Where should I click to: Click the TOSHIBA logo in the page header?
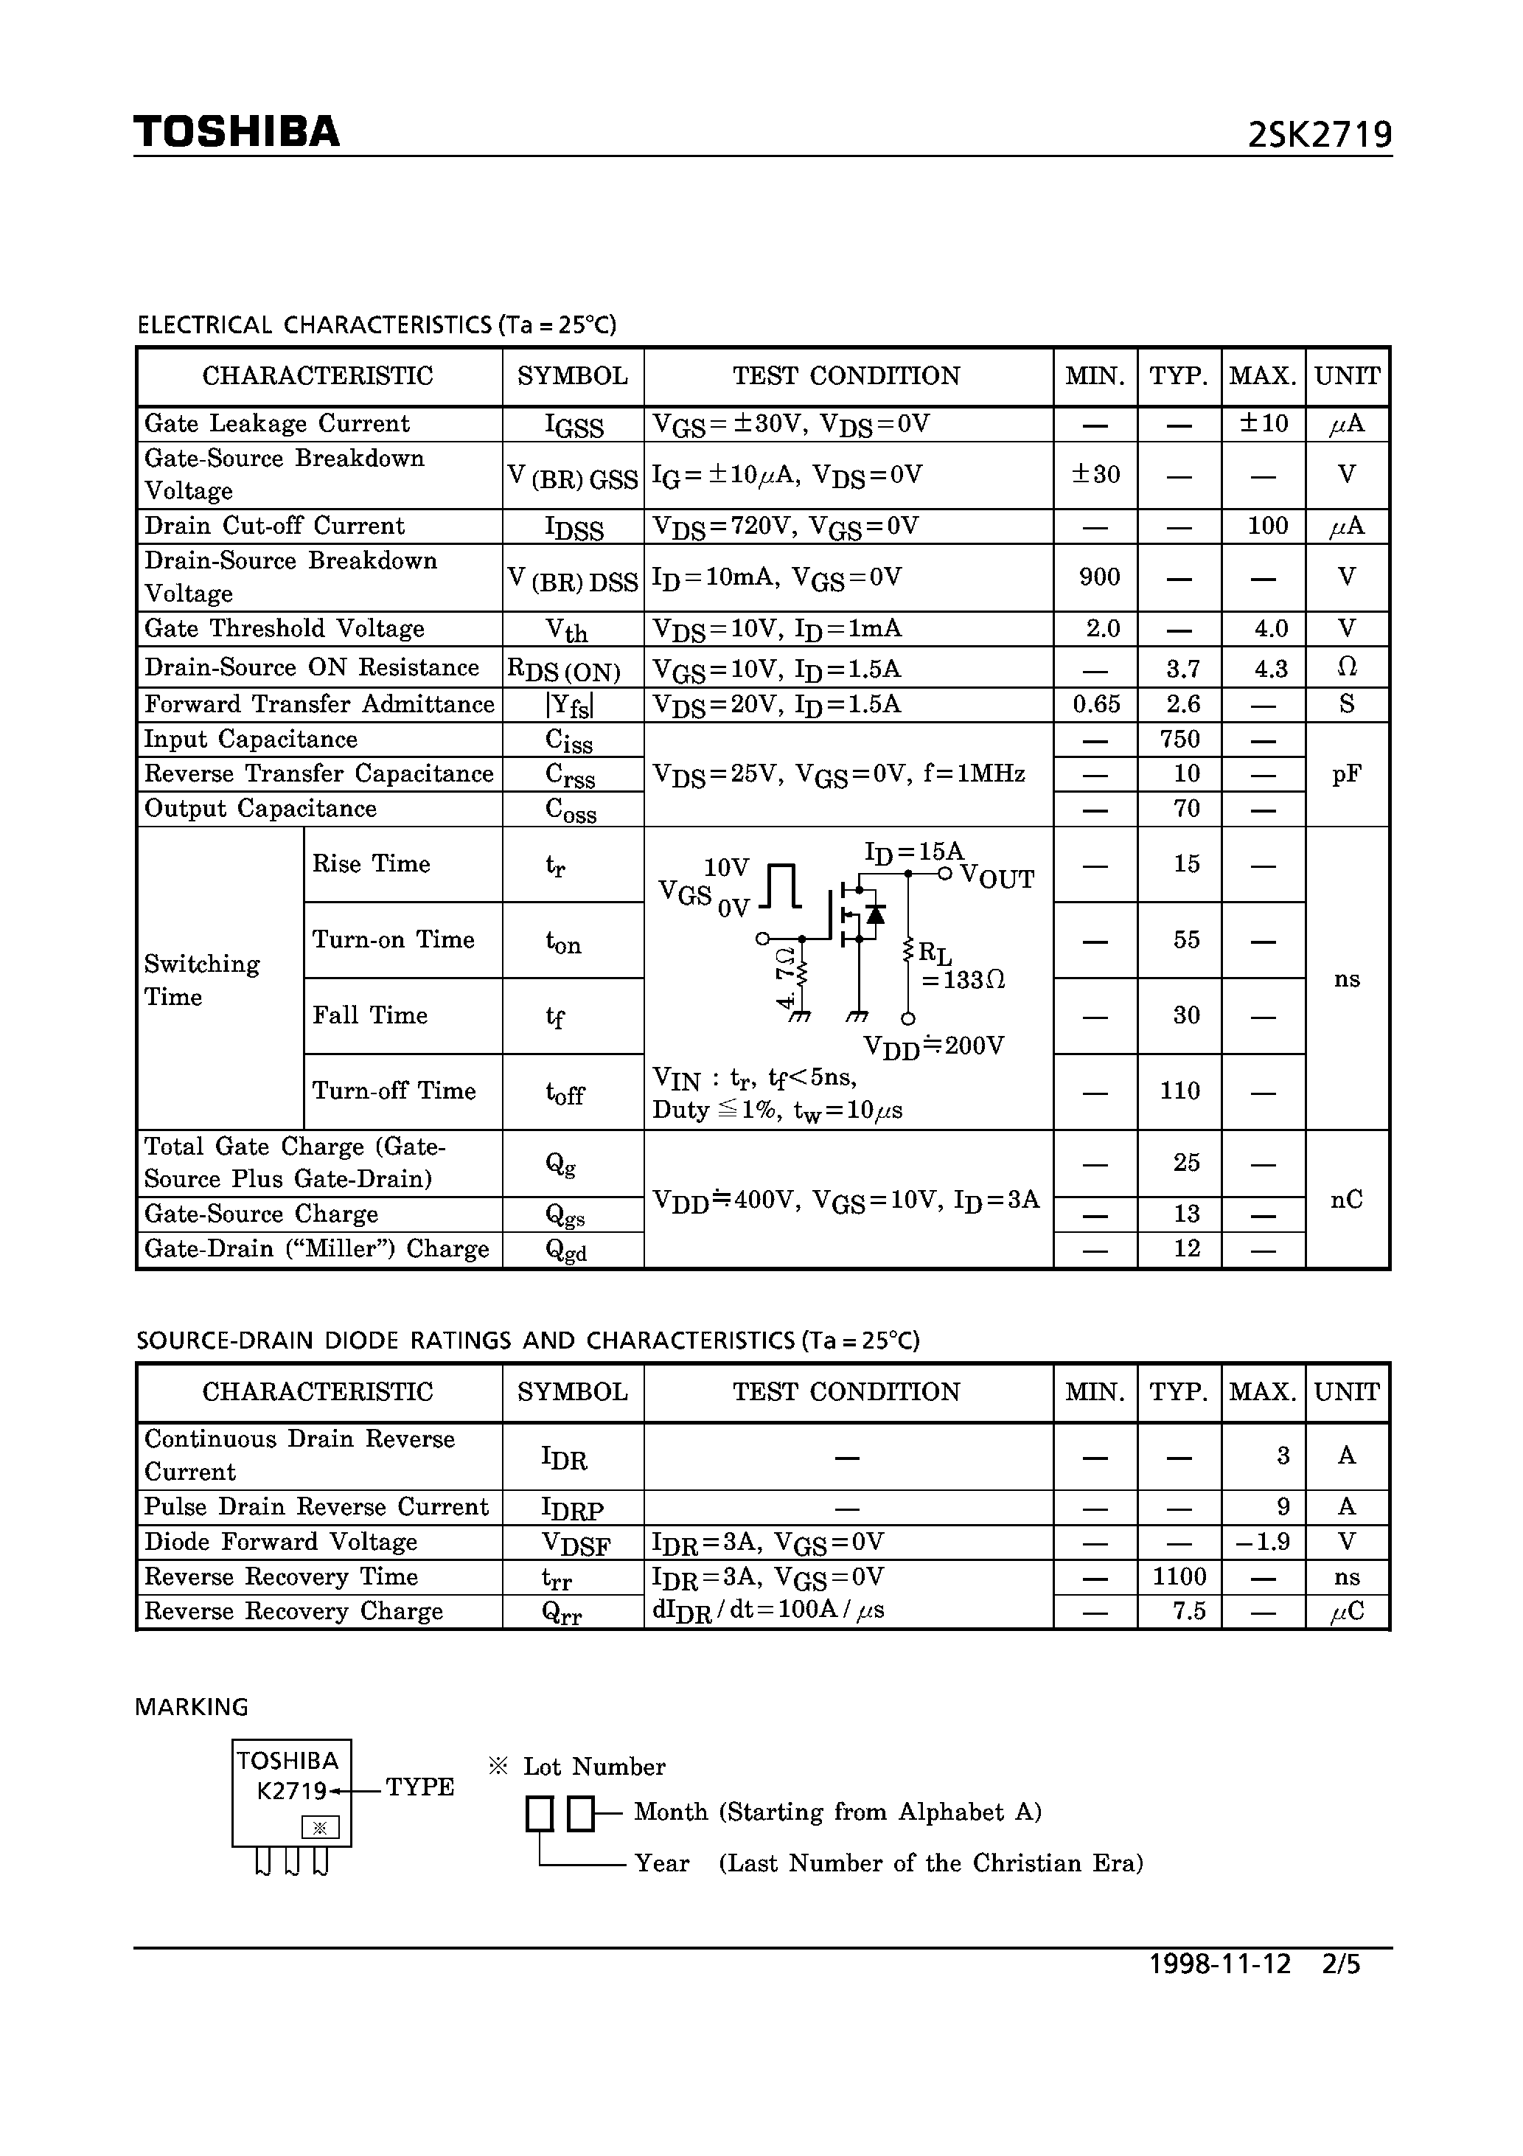coord(237,131)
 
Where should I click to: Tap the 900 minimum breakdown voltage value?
coord(1098,577)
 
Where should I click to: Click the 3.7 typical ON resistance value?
coord(1182,669)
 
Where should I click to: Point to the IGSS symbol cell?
coord(573,425)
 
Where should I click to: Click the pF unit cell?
coord(1347,773)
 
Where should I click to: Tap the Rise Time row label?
coord(371,864)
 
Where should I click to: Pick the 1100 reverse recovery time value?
coord(1179,1576)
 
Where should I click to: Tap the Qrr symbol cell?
coord(562,1613)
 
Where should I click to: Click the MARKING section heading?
coord(192,1707)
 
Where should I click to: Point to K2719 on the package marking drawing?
coord(291,1791)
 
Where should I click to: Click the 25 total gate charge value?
coord(1186,1163)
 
